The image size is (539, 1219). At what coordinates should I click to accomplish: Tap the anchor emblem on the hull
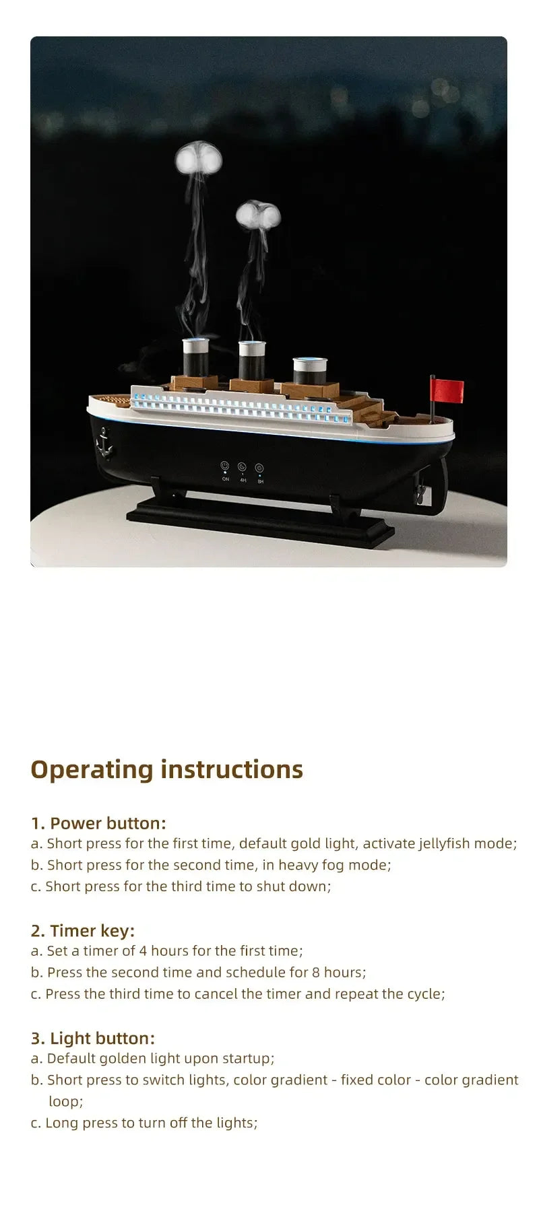[x=104, y=443]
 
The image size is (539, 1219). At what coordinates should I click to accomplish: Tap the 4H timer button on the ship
[x=243, y=467]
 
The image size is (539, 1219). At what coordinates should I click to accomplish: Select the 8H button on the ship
[x=260, y=468]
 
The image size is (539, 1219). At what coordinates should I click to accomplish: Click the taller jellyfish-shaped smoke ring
[x=199, y=159]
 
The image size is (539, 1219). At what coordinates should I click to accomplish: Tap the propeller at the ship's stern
[x=420, y=495]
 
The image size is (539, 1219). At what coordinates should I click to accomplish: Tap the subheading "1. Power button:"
[x=98, y=823]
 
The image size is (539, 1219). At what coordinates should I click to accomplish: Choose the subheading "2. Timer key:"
[x=83, y=931]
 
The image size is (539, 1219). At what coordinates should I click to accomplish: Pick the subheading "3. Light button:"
[x=93, y=1038]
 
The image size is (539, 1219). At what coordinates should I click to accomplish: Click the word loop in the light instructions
[x=65, y=1101]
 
